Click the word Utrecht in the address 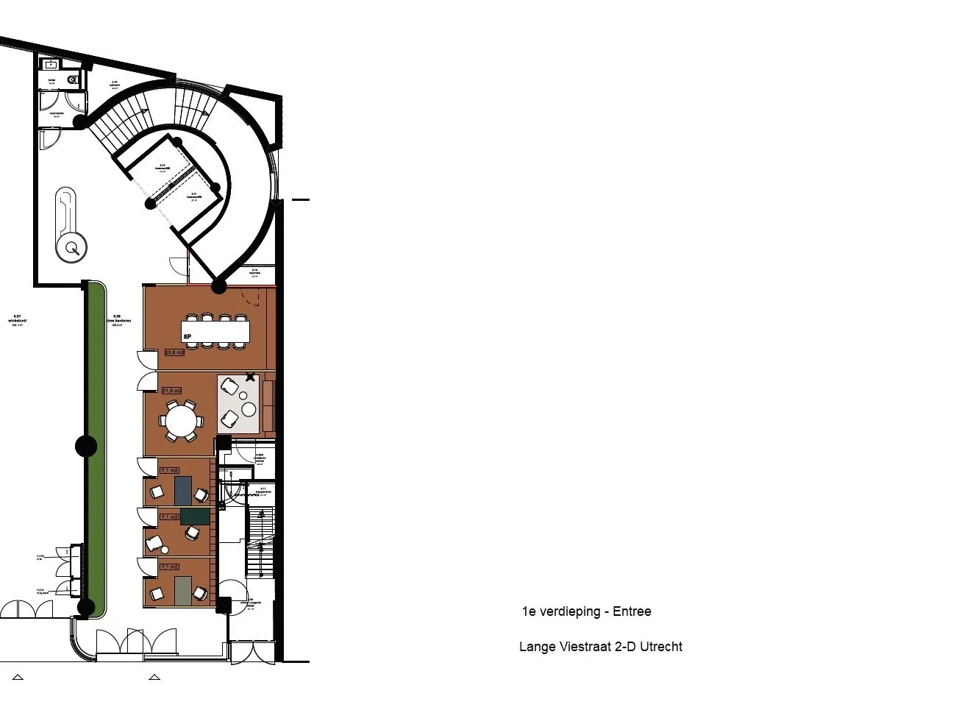pyautogui.click(x=660, y=647)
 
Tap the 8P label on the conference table pyautogui.click(x=188, y=336)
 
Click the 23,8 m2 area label pyautogui.click(x=174, y=352)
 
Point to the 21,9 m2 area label pyautogui.click(x=171, y=390)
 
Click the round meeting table pyautogui.click(x=181, y=422)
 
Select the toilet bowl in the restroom pyautogui.click(x=72, y=79)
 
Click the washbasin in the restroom pyautogui.click(x=51, y=65)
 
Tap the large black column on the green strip pyautogui.click(x=86, y=446)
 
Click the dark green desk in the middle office pyautogui.click(x=195, y=516)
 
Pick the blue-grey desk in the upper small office pyautogui.click(x=183, y=490)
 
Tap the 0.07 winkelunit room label pyautogui.click(x=16, y=320)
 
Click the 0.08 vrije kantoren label pyautogui.click(x=118, y=320)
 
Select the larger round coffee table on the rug pyautogui.click(x=249, y=408)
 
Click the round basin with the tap pyautogui.click(x=74, y=248)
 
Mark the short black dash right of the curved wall pyautogui.click(x=300, y=199)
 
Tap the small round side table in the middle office pyautogui.click(x=165, y=550)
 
